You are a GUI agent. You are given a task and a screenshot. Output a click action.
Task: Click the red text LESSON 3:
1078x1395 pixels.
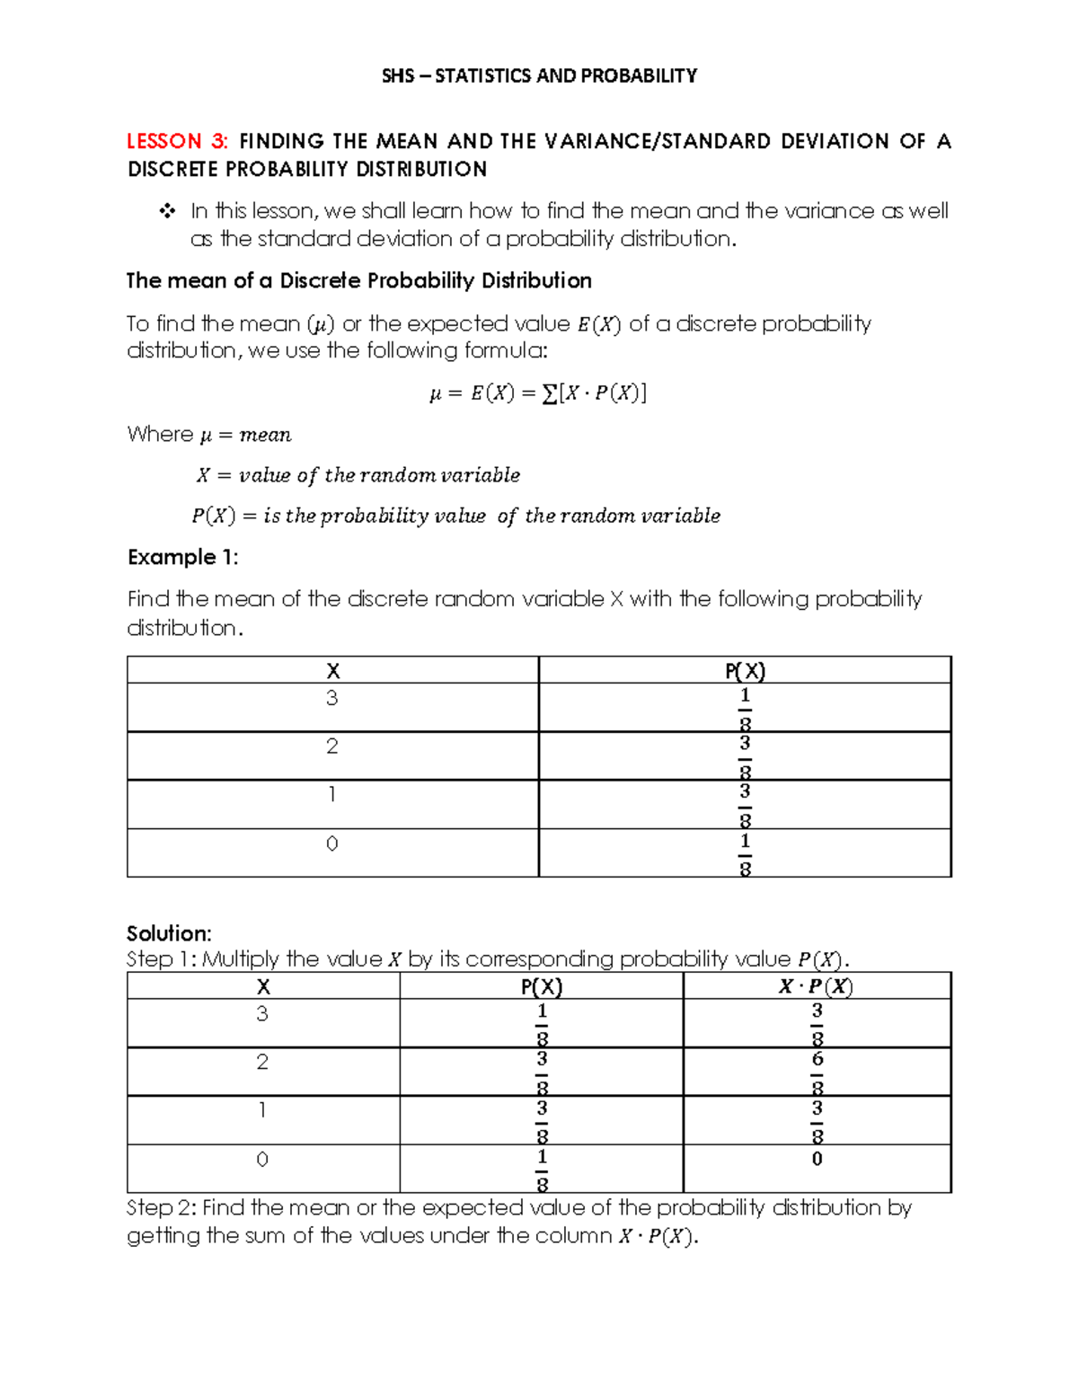click(x=177, y=141)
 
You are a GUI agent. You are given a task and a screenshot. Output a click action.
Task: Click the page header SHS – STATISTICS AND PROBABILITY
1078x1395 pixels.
click(x=539, y=75)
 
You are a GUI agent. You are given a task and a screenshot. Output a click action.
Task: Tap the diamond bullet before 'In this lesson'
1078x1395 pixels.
click(x=166, y=212)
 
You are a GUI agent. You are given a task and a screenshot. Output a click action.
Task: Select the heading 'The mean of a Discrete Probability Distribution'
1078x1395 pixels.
click(x=358, y=281)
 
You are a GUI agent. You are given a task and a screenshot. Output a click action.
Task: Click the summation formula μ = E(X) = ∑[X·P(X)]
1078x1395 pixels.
click(x=538, y=393)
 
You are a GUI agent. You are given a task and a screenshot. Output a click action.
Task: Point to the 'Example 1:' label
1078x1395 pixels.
click(x=182, y=557)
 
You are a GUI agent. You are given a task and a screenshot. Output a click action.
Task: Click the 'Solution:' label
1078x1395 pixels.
click(x=169, y=933)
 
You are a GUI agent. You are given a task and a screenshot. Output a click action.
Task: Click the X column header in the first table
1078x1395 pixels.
click(x=332, y=671)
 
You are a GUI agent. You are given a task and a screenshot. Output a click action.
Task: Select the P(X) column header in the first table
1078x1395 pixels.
click(x=745, y=671)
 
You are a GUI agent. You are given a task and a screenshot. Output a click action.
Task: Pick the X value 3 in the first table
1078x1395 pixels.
click(x=332, y=699)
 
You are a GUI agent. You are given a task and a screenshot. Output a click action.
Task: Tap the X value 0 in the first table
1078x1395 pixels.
click(x=332, y=844)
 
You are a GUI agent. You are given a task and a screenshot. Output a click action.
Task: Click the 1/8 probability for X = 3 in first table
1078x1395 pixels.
click(x=745, y=709)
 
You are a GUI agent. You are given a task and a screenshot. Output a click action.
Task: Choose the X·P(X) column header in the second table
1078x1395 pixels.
click(x=816, y=986)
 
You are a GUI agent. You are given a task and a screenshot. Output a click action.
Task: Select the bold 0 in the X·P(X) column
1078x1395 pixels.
click(x=817, y=1160)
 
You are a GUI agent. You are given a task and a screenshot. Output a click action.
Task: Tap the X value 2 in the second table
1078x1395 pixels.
click(x=262, y=1063)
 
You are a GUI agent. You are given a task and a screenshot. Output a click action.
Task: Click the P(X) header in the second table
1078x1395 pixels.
click(x=541, y=987)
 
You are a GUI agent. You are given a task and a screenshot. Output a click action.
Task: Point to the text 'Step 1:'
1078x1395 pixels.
click(x=161, y=959)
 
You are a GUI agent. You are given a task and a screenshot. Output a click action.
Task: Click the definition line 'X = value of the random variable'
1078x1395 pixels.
click(x=358, y=475)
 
